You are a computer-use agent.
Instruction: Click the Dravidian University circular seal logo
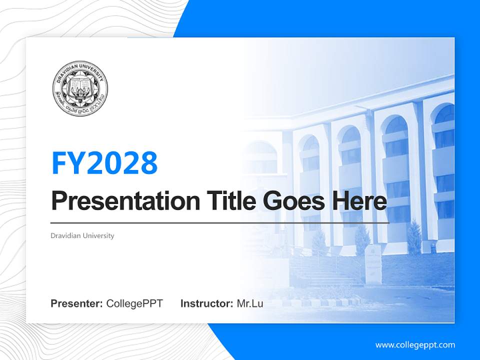click(80, 89)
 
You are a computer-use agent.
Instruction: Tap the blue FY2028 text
click(104, 162)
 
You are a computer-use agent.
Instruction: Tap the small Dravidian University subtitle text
click(82, 235)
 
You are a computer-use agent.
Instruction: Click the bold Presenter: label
click(77, 303)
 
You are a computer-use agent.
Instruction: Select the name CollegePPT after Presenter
click(134, 303)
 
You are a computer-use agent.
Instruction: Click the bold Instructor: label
click(206, 303)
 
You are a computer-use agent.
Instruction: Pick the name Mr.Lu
click(250, 303)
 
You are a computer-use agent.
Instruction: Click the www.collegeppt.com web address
click(415, 344)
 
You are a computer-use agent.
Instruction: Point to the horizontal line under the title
click(220, 222)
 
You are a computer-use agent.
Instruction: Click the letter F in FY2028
click(58, 162)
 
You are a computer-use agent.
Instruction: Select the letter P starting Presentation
click(59, 201)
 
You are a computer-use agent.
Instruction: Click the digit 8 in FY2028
click(148, 162)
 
